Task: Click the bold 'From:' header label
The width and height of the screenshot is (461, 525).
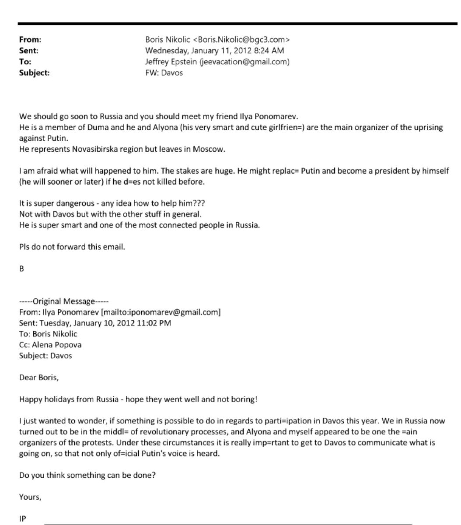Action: click(x=30, y=40)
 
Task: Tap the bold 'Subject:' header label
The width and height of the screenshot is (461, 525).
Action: click(x=34, y=73)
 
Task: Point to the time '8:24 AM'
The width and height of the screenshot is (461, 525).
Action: click(x=269, y=51)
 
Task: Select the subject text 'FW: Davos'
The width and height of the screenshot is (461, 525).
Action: click(x=164, y=73)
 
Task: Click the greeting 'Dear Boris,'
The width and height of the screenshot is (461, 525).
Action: click(x=38, y=377)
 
